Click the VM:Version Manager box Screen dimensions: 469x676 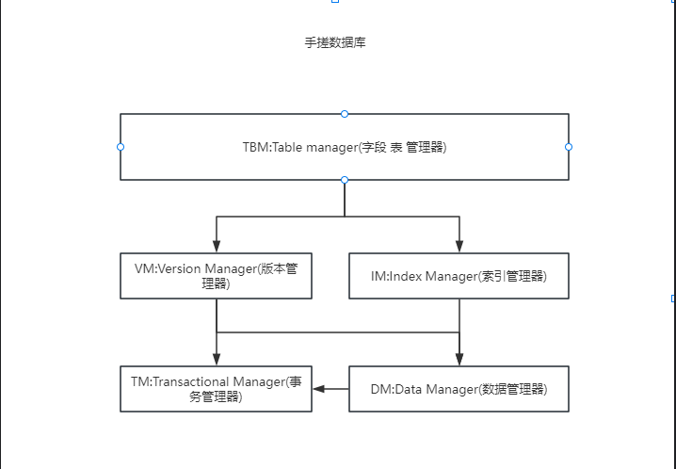click(x=217, y=276)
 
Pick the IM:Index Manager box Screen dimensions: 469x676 click(x=459, y=276)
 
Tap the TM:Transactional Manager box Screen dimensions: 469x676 click(x=217, y=389)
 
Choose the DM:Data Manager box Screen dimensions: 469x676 click(x=459, y=389)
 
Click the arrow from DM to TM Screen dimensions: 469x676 click(x=330, y=389)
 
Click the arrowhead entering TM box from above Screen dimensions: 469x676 click(x=217, y=359)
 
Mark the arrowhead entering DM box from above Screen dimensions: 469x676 click(x=459, y=359)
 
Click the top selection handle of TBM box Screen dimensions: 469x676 click(x=345, y=114)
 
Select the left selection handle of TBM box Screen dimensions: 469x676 click(x=121, y=147)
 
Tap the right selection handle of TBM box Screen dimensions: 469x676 click(x=569, y=147)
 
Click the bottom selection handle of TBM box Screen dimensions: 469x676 click(x=345, y=179)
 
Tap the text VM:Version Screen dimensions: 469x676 click(x=169, y=268)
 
